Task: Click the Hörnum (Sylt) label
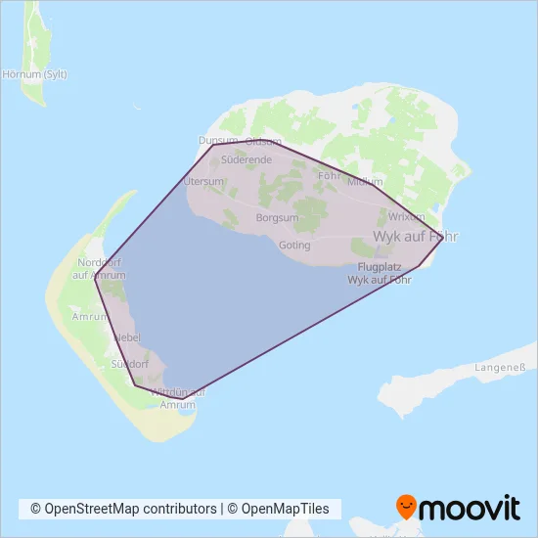point(34,73)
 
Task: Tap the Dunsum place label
point(217,141)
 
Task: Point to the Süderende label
point(247,158)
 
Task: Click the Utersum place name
point(204,182)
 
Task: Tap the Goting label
point(294,245)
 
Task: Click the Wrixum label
point(407,216)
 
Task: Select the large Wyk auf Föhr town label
point(416,237)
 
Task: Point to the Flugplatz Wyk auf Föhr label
point(380,273)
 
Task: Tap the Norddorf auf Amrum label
point(96,269)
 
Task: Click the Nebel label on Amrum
point(128,337)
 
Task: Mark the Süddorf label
point(129,364)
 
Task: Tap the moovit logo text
point(470,509)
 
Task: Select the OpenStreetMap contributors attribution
point(124,509)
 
